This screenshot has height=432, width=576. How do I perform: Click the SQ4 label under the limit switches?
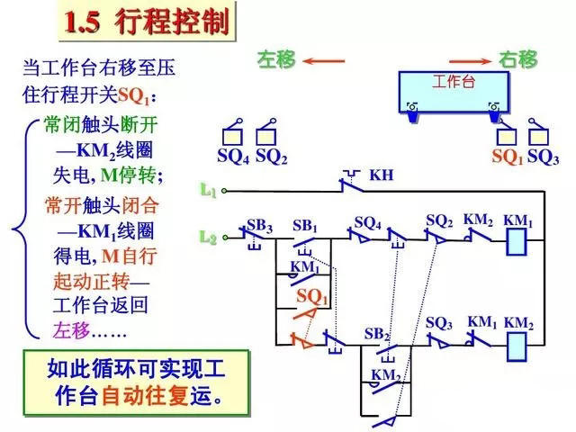pos(232,157)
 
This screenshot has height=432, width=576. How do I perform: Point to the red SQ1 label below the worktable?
pos(507,157)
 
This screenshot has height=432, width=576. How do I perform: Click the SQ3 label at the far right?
pos(543,157)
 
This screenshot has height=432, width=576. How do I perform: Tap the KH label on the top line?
pos(382,174)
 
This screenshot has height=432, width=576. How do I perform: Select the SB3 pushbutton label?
pos(259,223)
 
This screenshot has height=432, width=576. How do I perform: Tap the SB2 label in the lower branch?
pos(377,333)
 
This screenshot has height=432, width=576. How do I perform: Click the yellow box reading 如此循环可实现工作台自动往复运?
pos(136,382)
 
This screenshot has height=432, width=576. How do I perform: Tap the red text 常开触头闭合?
pos(100,205)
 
